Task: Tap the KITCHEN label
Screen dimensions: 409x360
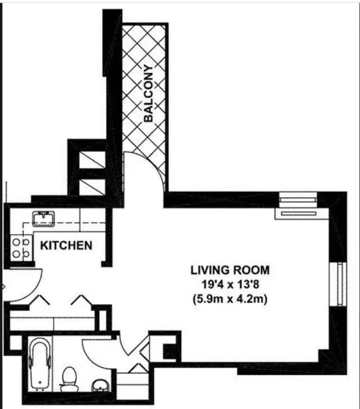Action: (66, 245)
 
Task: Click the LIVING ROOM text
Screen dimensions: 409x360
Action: (230, 269)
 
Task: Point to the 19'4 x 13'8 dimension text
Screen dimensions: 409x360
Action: (230, 285)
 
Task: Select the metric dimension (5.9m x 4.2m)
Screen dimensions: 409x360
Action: (230, 300)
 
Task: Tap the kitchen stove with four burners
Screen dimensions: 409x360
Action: (19, 247)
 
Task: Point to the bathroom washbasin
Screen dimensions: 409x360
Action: (100, 385)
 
